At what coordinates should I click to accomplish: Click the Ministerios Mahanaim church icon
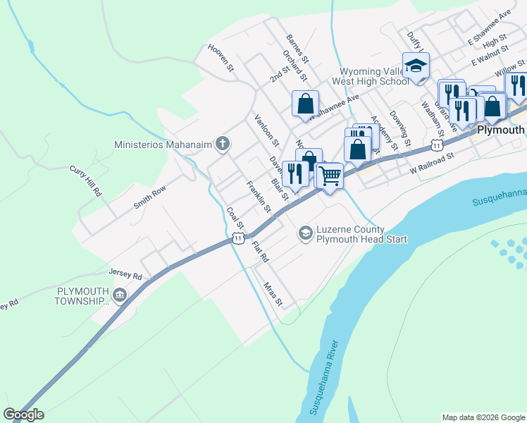tap(223, 145)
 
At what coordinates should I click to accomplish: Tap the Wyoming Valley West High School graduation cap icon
tap(416, 65)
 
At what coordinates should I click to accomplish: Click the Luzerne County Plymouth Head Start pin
tap(305, 232)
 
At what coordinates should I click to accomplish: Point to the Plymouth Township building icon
tap(119, 294)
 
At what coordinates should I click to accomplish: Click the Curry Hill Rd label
tap(86, 180)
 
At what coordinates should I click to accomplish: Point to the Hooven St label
tap(220, 59)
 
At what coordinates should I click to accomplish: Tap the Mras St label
tap(273, 294)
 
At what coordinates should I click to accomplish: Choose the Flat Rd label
tap(260, 252)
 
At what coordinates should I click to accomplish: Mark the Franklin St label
tap(258, 197)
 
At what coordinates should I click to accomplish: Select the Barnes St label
tap(297, 48)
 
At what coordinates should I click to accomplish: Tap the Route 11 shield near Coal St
tap(238, 240)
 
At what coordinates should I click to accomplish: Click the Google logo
tap(23, 415)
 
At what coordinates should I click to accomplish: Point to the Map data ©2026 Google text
tap(483, 417)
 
